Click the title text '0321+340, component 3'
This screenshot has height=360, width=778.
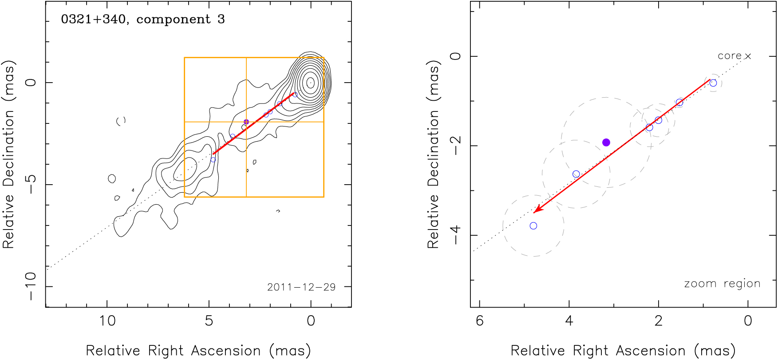[142, 20]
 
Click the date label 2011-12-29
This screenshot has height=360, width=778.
[301, 287]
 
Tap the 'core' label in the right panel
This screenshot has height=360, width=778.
[729, 56]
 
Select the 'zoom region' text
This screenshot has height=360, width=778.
[722, 284]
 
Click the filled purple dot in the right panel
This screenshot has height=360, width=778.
[606, 142]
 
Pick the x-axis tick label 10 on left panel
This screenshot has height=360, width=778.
[107, 320]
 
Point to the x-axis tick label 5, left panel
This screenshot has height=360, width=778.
[209, 320]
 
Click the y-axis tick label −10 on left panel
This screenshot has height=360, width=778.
[30, 286]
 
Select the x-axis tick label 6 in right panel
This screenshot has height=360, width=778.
[480, 320]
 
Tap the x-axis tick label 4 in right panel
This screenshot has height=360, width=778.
[569, 320]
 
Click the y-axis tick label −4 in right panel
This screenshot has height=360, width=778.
[456, 235]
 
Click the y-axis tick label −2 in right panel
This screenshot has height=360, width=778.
[456, 146]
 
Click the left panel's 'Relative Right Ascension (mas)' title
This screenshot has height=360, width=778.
[198, 351]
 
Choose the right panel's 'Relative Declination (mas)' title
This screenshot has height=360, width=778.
[433, 154]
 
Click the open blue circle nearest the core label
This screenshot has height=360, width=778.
[713, 83]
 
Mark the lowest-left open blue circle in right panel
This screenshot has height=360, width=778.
[533, 226]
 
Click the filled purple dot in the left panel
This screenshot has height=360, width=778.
[246, 122]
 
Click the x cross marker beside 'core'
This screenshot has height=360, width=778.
[748, 56]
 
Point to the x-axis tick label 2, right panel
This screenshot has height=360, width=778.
[659, 320]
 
